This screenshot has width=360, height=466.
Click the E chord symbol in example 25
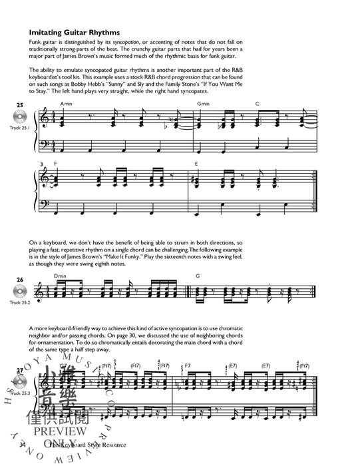coord(197,162)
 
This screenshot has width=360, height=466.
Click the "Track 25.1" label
coord(20,128)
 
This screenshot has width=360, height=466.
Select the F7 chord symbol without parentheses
coord(188,365)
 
